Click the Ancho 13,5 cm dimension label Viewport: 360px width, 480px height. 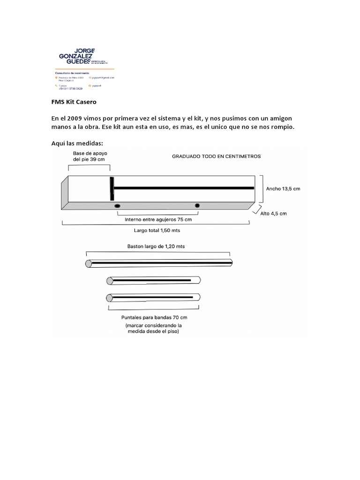pyautogui.click(x=283, y=188)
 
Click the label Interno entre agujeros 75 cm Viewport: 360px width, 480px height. pyautogui.click(x=158, y=219)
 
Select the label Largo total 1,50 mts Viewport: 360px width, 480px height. pyautogui.click(x=157, y=231)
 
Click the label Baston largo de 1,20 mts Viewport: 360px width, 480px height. pyautogui.click(x=159, y=246)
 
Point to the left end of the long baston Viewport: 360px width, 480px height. pyautogui.click(x=88, y=263)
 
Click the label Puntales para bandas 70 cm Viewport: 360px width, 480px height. pyautogui.click(x=154, y=317)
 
